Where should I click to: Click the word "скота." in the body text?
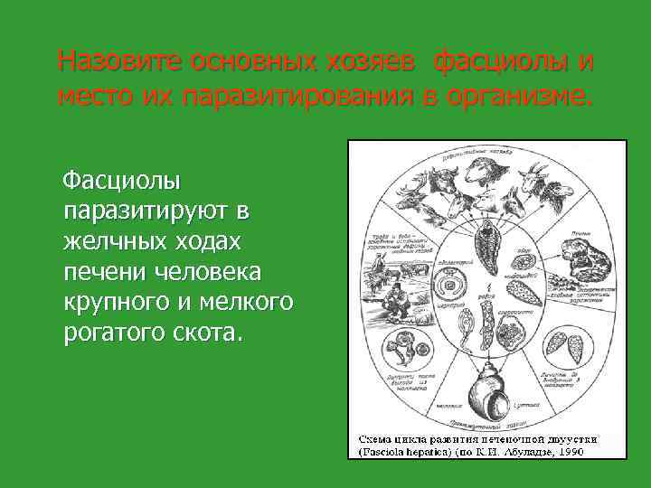(212, 332)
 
